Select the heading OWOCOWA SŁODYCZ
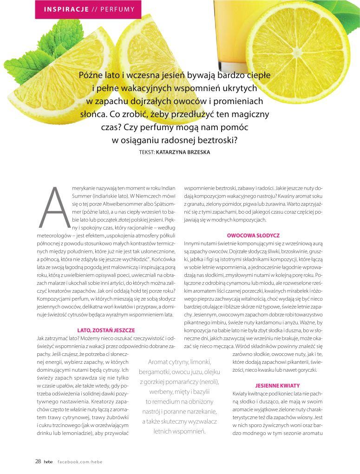(253, 236)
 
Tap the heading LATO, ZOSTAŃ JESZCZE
(106, 330)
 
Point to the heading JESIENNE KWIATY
(277, 386)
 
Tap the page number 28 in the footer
(38, 461)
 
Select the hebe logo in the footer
(49, 462)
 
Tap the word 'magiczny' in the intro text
(249, 114)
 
